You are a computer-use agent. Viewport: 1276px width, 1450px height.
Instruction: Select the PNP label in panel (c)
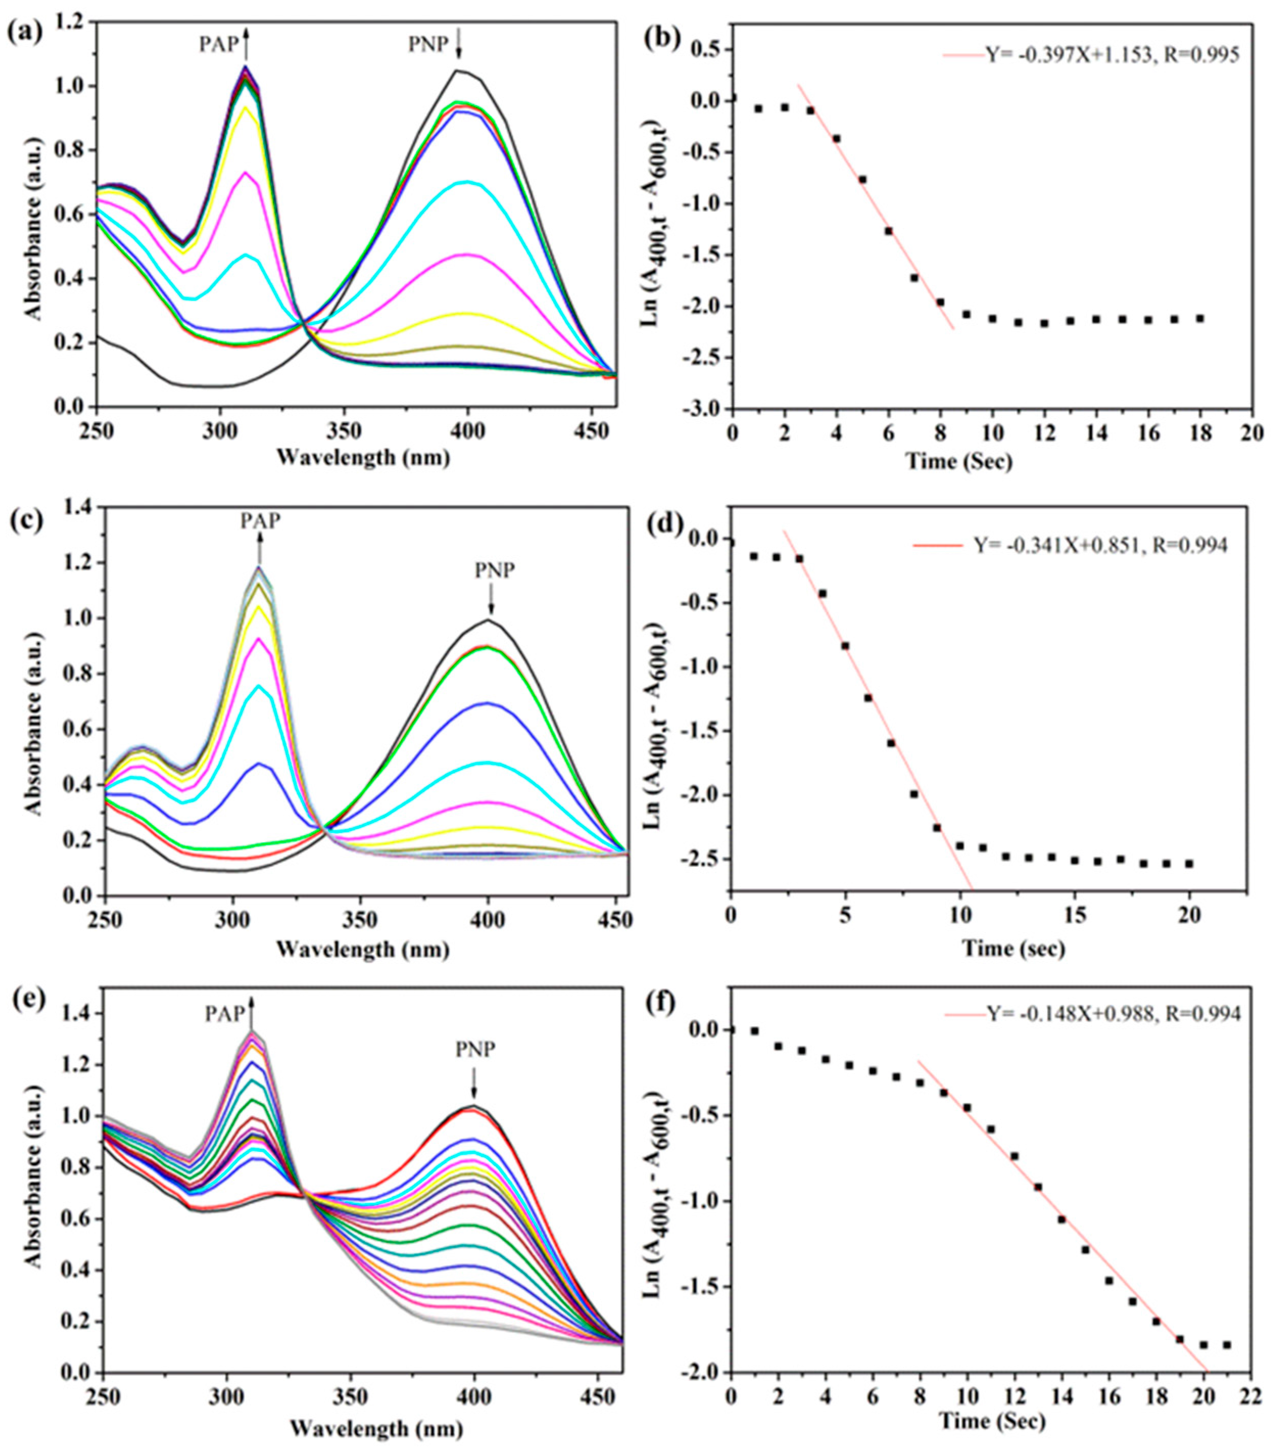(x=495, y=570)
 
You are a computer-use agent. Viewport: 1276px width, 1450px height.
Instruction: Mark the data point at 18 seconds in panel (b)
(x=1200, y=319)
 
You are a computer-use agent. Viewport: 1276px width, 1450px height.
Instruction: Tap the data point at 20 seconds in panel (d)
(x=1189, y=863)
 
